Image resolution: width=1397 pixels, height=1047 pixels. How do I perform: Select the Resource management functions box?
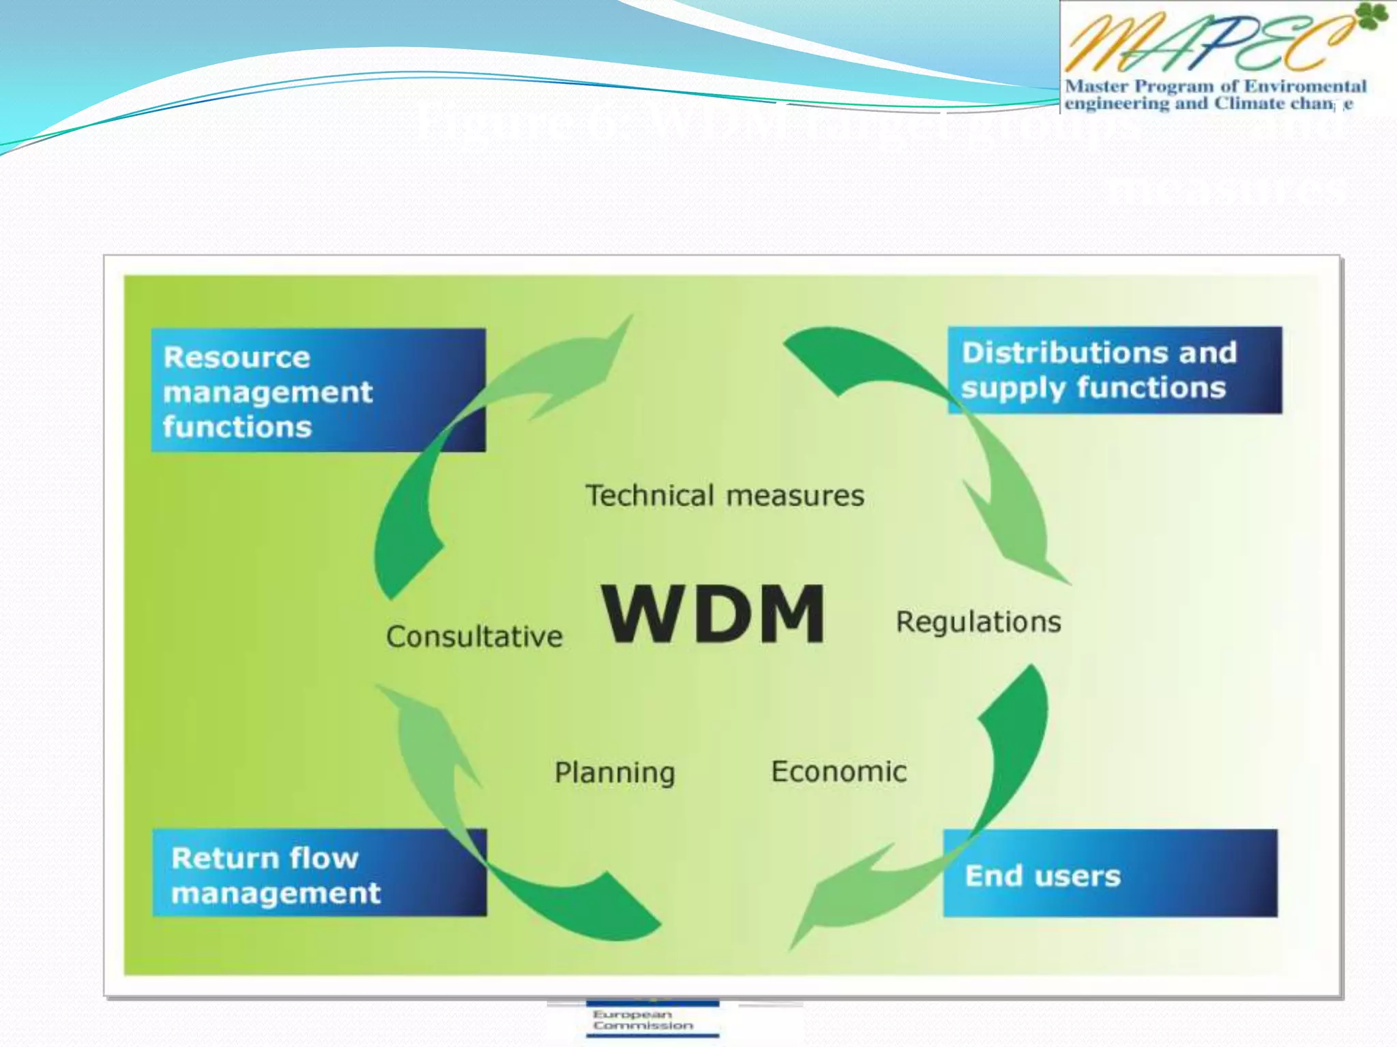(x=318, y=391)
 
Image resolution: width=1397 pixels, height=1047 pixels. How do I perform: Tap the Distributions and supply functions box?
(x=1115, y=370)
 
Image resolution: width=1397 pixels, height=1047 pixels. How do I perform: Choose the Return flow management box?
(x=319, y=873)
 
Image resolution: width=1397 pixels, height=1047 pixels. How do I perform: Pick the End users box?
(x=1110, y=873)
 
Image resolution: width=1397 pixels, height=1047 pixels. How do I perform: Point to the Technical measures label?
(x=724, y=496)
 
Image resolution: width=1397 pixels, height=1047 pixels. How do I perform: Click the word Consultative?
(x=474, y=637)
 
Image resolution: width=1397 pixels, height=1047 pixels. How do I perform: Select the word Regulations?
(x=978, y=622)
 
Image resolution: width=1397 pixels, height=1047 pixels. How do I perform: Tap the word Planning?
(x=614, y=773)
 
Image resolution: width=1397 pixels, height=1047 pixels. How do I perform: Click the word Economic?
(x=838, y=772)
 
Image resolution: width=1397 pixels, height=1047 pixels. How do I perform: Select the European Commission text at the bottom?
(x=642, y=1020)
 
